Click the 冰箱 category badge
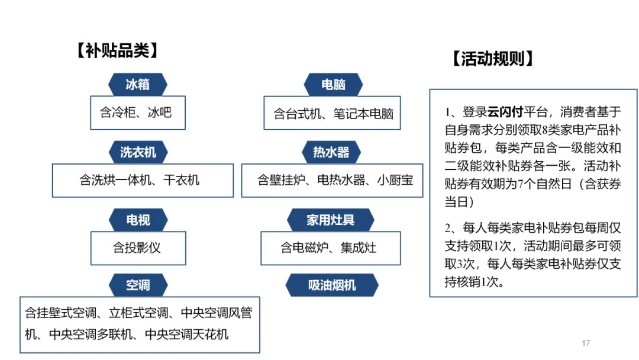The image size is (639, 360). (138, 85)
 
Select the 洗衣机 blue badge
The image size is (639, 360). (138, 152)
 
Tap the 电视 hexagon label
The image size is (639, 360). (138, 220)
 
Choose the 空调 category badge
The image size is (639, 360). (138, 285)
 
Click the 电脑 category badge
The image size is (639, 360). (333, 85)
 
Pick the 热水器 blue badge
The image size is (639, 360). (331, 152)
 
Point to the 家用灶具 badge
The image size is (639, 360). (331, 220)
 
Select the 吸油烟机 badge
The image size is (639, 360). (332, 285)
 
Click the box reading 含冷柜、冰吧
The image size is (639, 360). (138, 113)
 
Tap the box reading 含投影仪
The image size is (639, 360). (138, 248)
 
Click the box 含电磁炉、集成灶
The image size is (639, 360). (331, 248)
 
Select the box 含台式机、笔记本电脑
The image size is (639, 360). (332, 113)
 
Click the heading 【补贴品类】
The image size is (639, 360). (117, 50)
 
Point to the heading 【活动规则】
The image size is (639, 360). (493, 59)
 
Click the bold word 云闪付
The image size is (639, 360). (505, 111)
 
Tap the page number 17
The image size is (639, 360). (586, 343)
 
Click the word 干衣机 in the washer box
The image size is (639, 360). (181, 180)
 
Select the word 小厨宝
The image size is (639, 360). (395, 180)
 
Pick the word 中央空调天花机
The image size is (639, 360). (186, 335)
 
